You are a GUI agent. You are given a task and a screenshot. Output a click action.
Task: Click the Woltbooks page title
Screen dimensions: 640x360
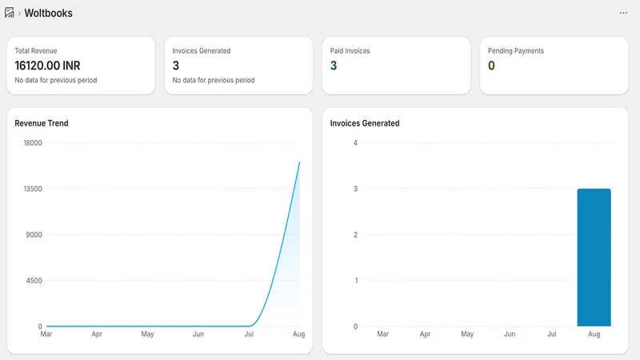pyautogui.click(x=48, y=13)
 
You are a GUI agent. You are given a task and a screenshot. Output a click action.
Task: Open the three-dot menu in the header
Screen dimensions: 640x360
pyautogui.click(x=623, y=13)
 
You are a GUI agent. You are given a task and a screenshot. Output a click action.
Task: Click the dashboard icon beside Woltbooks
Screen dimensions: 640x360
pyautogui.click(x=10, y=13)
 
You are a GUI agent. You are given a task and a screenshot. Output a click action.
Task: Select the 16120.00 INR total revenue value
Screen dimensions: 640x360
pyautogui.click(x=47, y=66)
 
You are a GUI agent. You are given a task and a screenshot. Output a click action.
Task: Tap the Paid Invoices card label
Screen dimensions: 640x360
pyautogui.click(x=350, y=50)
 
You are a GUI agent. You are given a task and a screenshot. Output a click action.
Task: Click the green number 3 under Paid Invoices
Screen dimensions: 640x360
pyautogui.click(x=334, y=66)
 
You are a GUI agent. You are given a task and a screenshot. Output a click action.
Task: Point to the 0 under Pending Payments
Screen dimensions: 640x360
pyautogui.click(x=491, y=66)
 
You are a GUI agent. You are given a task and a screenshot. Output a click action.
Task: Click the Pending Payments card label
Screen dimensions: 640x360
pyautogui.click(x=516, y=50)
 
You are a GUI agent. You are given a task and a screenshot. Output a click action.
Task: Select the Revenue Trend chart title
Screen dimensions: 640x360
pyautogui.click(x=42, y=123)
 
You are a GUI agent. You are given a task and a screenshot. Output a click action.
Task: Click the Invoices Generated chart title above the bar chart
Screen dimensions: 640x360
pyautogui.click(x=365, y=123)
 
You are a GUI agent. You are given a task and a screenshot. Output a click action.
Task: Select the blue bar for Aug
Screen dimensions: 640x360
pyautogui.click(x=594, y=258)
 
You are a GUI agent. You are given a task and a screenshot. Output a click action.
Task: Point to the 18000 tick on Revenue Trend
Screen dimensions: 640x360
pyautogui.click(x=33, y=143)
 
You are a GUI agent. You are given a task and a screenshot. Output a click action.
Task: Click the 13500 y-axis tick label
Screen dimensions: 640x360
pyautogui.click(x=33, y=189)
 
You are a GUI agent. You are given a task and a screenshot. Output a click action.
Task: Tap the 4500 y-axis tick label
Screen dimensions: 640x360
pyautogui.click(x=34, y=281)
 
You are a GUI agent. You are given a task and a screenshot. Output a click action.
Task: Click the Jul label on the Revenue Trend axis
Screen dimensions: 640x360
pyautogui.click(x=249, y=334)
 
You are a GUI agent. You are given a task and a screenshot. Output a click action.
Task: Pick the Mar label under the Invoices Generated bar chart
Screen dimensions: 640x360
pyautogui.click(x=383, y=334)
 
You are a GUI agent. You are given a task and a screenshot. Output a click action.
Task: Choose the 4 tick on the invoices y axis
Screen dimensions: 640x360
pyautogui.click(x=355, y=143)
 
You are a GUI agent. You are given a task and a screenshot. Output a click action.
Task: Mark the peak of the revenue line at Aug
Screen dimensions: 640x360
pyautogui.click(x=299, y=162)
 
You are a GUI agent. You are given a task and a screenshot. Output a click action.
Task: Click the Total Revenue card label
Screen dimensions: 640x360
pyautogui.click(x=36, y=50)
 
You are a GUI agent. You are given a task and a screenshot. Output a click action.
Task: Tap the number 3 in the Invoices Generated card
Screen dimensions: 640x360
pyautogui.click(x=176, y=66)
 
